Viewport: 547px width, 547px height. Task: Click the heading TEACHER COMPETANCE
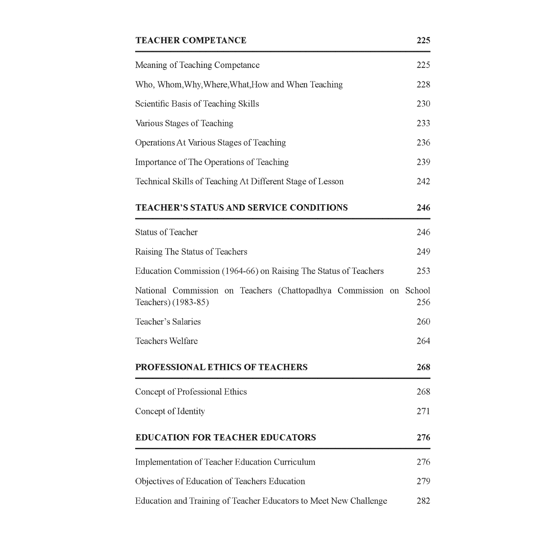[191, 41]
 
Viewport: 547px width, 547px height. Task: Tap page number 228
[423, 84]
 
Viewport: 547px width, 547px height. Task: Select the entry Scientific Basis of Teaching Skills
[197, 104]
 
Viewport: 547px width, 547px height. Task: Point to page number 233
[423, 123]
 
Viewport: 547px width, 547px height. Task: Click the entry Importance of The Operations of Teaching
[212, 162]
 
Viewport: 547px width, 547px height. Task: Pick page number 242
[423, 182]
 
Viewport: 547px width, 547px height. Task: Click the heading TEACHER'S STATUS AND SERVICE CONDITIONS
[242, 208]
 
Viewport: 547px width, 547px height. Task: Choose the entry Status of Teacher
[166, 232]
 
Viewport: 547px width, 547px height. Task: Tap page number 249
[423, 252]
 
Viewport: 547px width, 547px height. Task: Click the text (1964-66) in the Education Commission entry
[240, 271]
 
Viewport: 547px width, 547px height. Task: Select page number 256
[423, 302]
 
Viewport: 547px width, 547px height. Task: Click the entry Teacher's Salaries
[168, 322]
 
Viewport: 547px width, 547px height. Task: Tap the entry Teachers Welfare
[166, 341]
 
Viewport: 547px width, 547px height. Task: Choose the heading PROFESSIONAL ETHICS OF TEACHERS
[221, 367]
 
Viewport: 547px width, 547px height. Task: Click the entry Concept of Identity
[170, 411]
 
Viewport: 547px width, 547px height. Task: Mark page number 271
[423, 411]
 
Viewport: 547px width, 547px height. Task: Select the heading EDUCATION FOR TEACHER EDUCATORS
[226, 438]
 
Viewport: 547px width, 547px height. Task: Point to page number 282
[423, 501]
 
